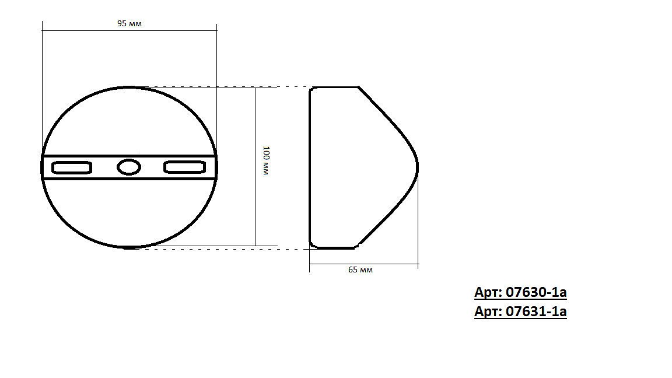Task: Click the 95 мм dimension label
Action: [129, 24]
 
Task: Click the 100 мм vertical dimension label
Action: [265, 162]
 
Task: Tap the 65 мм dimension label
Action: [360, 270]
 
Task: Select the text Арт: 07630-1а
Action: [520, 292]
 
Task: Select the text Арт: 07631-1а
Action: [520, 311]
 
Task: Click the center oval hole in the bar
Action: [129, 167]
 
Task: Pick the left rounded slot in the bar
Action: [72, 167]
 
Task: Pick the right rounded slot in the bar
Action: [185, 167]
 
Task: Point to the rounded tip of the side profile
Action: [417, 167]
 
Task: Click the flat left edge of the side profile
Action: [309, 167]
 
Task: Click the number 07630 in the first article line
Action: [523, 292]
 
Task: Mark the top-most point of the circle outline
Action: [129, 87]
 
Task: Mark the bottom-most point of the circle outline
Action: [129, 248]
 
